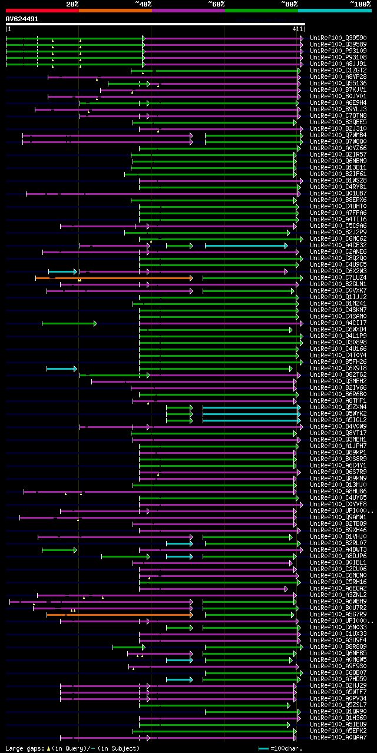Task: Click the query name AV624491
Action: (x=22, y=19)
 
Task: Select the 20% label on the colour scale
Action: (x=72, y=4)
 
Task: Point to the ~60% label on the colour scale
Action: (x=216, y=4)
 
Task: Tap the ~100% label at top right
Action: (x=360, y=4)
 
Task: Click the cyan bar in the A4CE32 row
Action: (x=246, y=246)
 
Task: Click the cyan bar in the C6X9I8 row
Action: (x=61, y=369)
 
